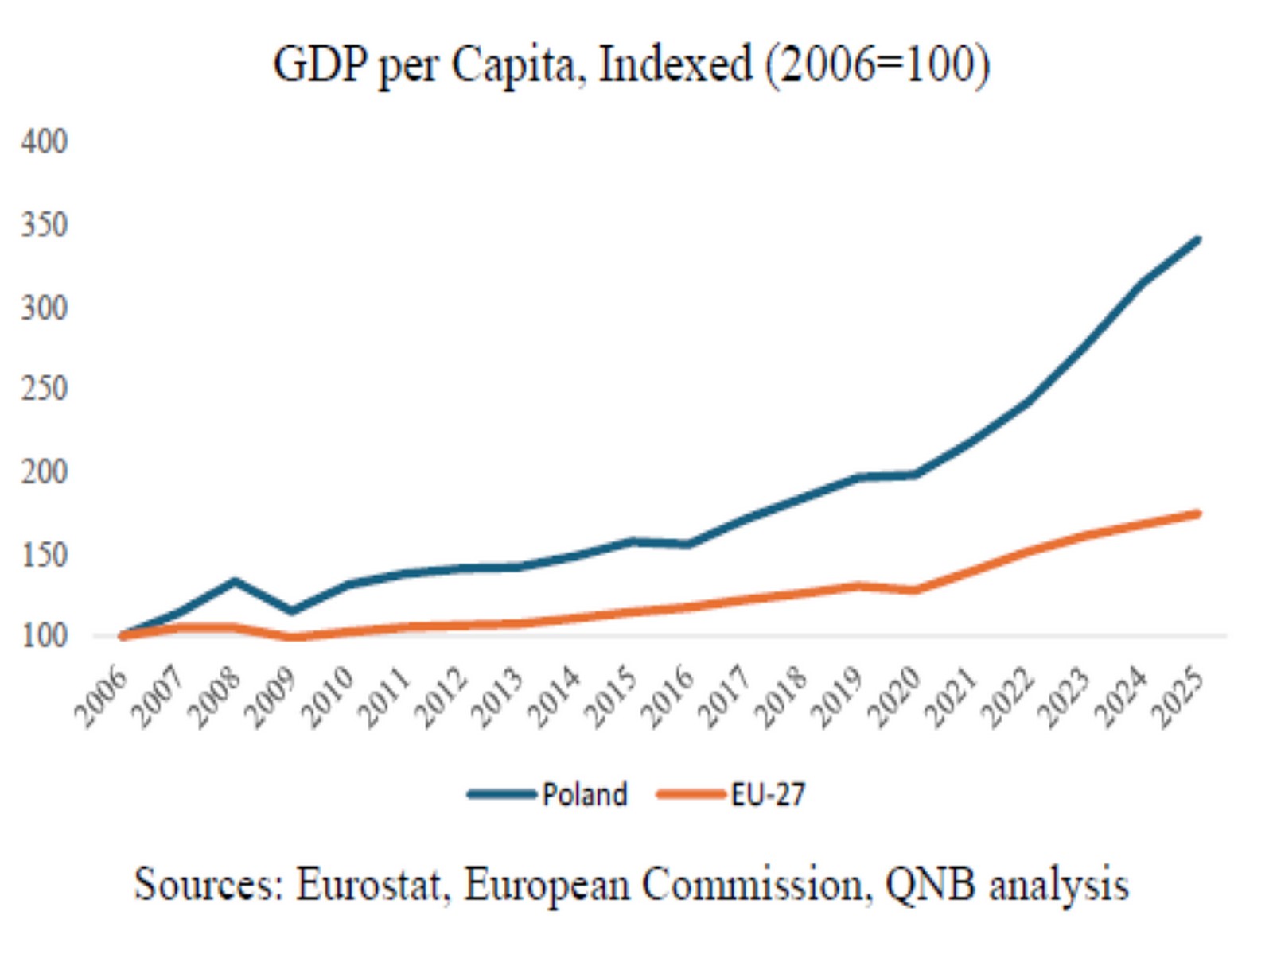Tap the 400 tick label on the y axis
pyautogui.click(x=44, y=142)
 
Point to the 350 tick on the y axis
pyautogui.click(x=44, y=225)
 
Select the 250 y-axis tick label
pyautogui.click(x=44, y=389)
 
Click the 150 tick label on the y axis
pyautogui.click(x=44, y=555)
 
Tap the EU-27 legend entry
pyautogui.click(x=731, y=793)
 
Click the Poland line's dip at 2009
pyautogui.click(x=291, y=611)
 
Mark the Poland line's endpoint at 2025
pyautogui.click(x=1197, y=240)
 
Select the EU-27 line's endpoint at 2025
pyautogui.click(x=1197, y=514)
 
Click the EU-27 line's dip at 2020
pyautogui.click(x=915, y=590)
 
